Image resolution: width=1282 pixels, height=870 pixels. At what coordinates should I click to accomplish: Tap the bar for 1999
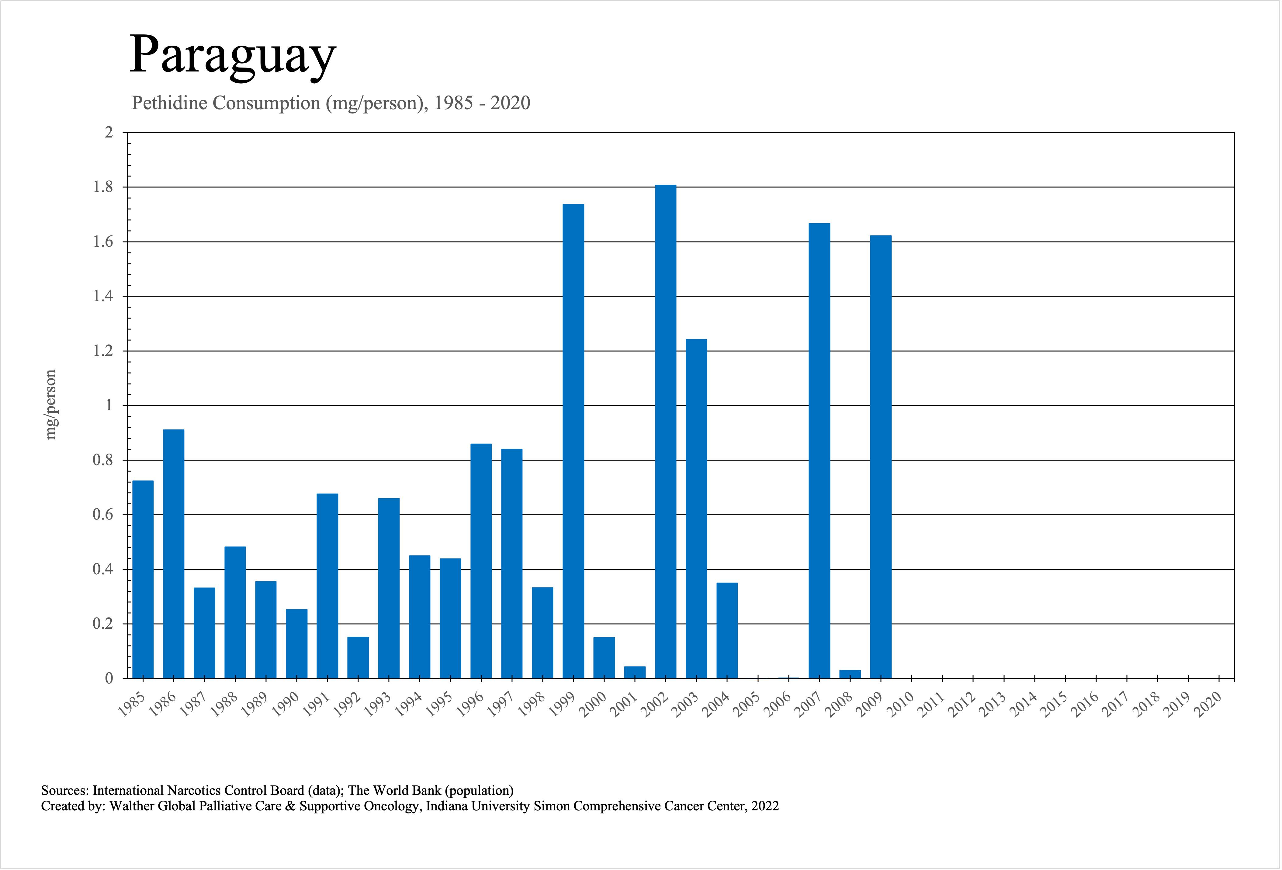tap(573, 441)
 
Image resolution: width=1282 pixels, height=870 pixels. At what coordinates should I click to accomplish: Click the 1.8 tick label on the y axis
tap(102, 187)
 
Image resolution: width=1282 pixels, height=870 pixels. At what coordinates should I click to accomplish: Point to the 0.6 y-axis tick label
tap(102, 515)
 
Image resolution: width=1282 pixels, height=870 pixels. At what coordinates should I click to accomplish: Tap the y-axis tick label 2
tap(109, 132)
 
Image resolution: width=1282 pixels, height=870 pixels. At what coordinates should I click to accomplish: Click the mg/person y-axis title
tap(51, 404)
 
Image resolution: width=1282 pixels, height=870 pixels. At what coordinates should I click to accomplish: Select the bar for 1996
tap(481, 561)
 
